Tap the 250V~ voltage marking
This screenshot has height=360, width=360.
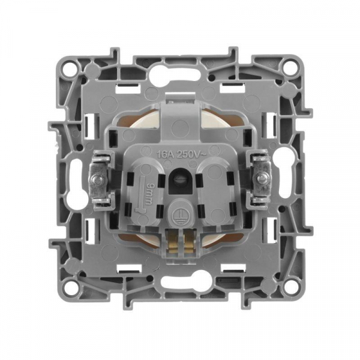click(188, 155)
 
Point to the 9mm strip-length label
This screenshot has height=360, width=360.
click(149, 194)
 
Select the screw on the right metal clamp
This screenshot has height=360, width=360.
click(261, 178)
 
